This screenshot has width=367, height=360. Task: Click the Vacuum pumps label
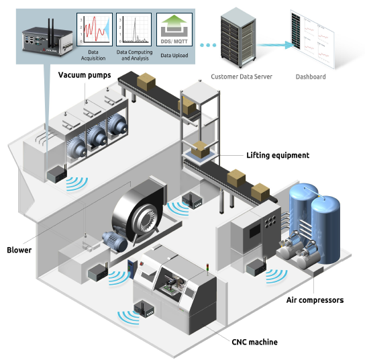tap(85, 75)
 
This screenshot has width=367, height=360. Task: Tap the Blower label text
tap(19, 250)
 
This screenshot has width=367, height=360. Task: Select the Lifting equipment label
tap(278, 155)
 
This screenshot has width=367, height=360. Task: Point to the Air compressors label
tap(315, 300)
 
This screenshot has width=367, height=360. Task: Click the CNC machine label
tap(255, 342)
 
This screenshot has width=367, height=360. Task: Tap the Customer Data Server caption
tap(242, 77)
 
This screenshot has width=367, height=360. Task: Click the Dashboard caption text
tap(311, 77)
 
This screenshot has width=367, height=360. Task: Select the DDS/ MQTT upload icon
tap(174, 30)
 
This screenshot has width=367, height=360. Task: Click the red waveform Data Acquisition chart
tap(95, 30)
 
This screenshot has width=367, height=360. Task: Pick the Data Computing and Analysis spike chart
tap(134, 30)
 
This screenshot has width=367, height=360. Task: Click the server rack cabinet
tap(238, 38)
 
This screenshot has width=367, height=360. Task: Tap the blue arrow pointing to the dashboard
tap(275, 45)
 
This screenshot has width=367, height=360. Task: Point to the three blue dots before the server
tap(208, 45)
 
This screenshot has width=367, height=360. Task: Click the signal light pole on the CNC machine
tap(207, 269)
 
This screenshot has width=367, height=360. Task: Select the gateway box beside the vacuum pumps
tap(57, 175)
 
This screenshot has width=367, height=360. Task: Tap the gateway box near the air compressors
tap(256, 267)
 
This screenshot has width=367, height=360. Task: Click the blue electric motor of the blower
tap(115, 242)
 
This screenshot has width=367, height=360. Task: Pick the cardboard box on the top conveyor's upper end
tap(146, 81)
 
